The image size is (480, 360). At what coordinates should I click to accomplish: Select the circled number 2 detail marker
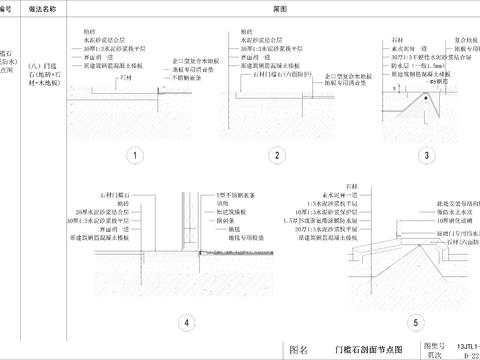click(275, 155)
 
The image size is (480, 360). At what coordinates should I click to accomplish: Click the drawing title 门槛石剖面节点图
click(367, 349)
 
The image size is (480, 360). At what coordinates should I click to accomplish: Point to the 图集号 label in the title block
click(432, 343)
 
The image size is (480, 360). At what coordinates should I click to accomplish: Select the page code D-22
click(466, 354)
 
